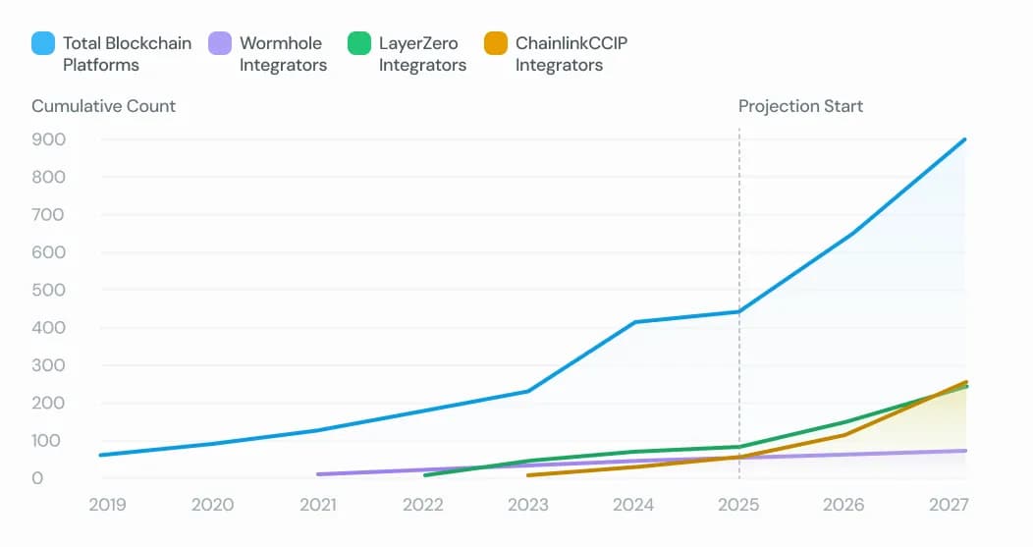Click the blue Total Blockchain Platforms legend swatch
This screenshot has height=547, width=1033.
click(43, 44)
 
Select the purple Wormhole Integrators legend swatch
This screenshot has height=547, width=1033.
click(220, 44)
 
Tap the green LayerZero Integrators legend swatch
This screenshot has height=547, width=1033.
click(359, 44)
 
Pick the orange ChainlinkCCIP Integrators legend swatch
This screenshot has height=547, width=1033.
click(496, 44)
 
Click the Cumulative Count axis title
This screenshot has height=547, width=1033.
click(103, 106)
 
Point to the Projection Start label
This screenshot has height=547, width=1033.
click(800, 106)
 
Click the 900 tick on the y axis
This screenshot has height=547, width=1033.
click(49, 139)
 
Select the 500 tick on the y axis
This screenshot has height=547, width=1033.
click(49, 290)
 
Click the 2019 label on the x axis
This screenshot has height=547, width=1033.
click(107, 505)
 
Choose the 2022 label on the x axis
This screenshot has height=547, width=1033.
click(423, 505)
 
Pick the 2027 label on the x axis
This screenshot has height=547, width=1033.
click(950, 505)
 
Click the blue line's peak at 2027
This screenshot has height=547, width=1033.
click(965, 139)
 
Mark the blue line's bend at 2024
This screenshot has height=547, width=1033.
click(633, 322)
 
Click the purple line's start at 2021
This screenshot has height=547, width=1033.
click(318, 474)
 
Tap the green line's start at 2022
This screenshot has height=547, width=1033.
click(424, 475)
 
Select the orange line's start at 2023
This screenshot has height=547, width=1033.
click(528, 475)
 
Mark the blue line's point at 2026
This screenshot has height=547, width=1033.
click(844, 236)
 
